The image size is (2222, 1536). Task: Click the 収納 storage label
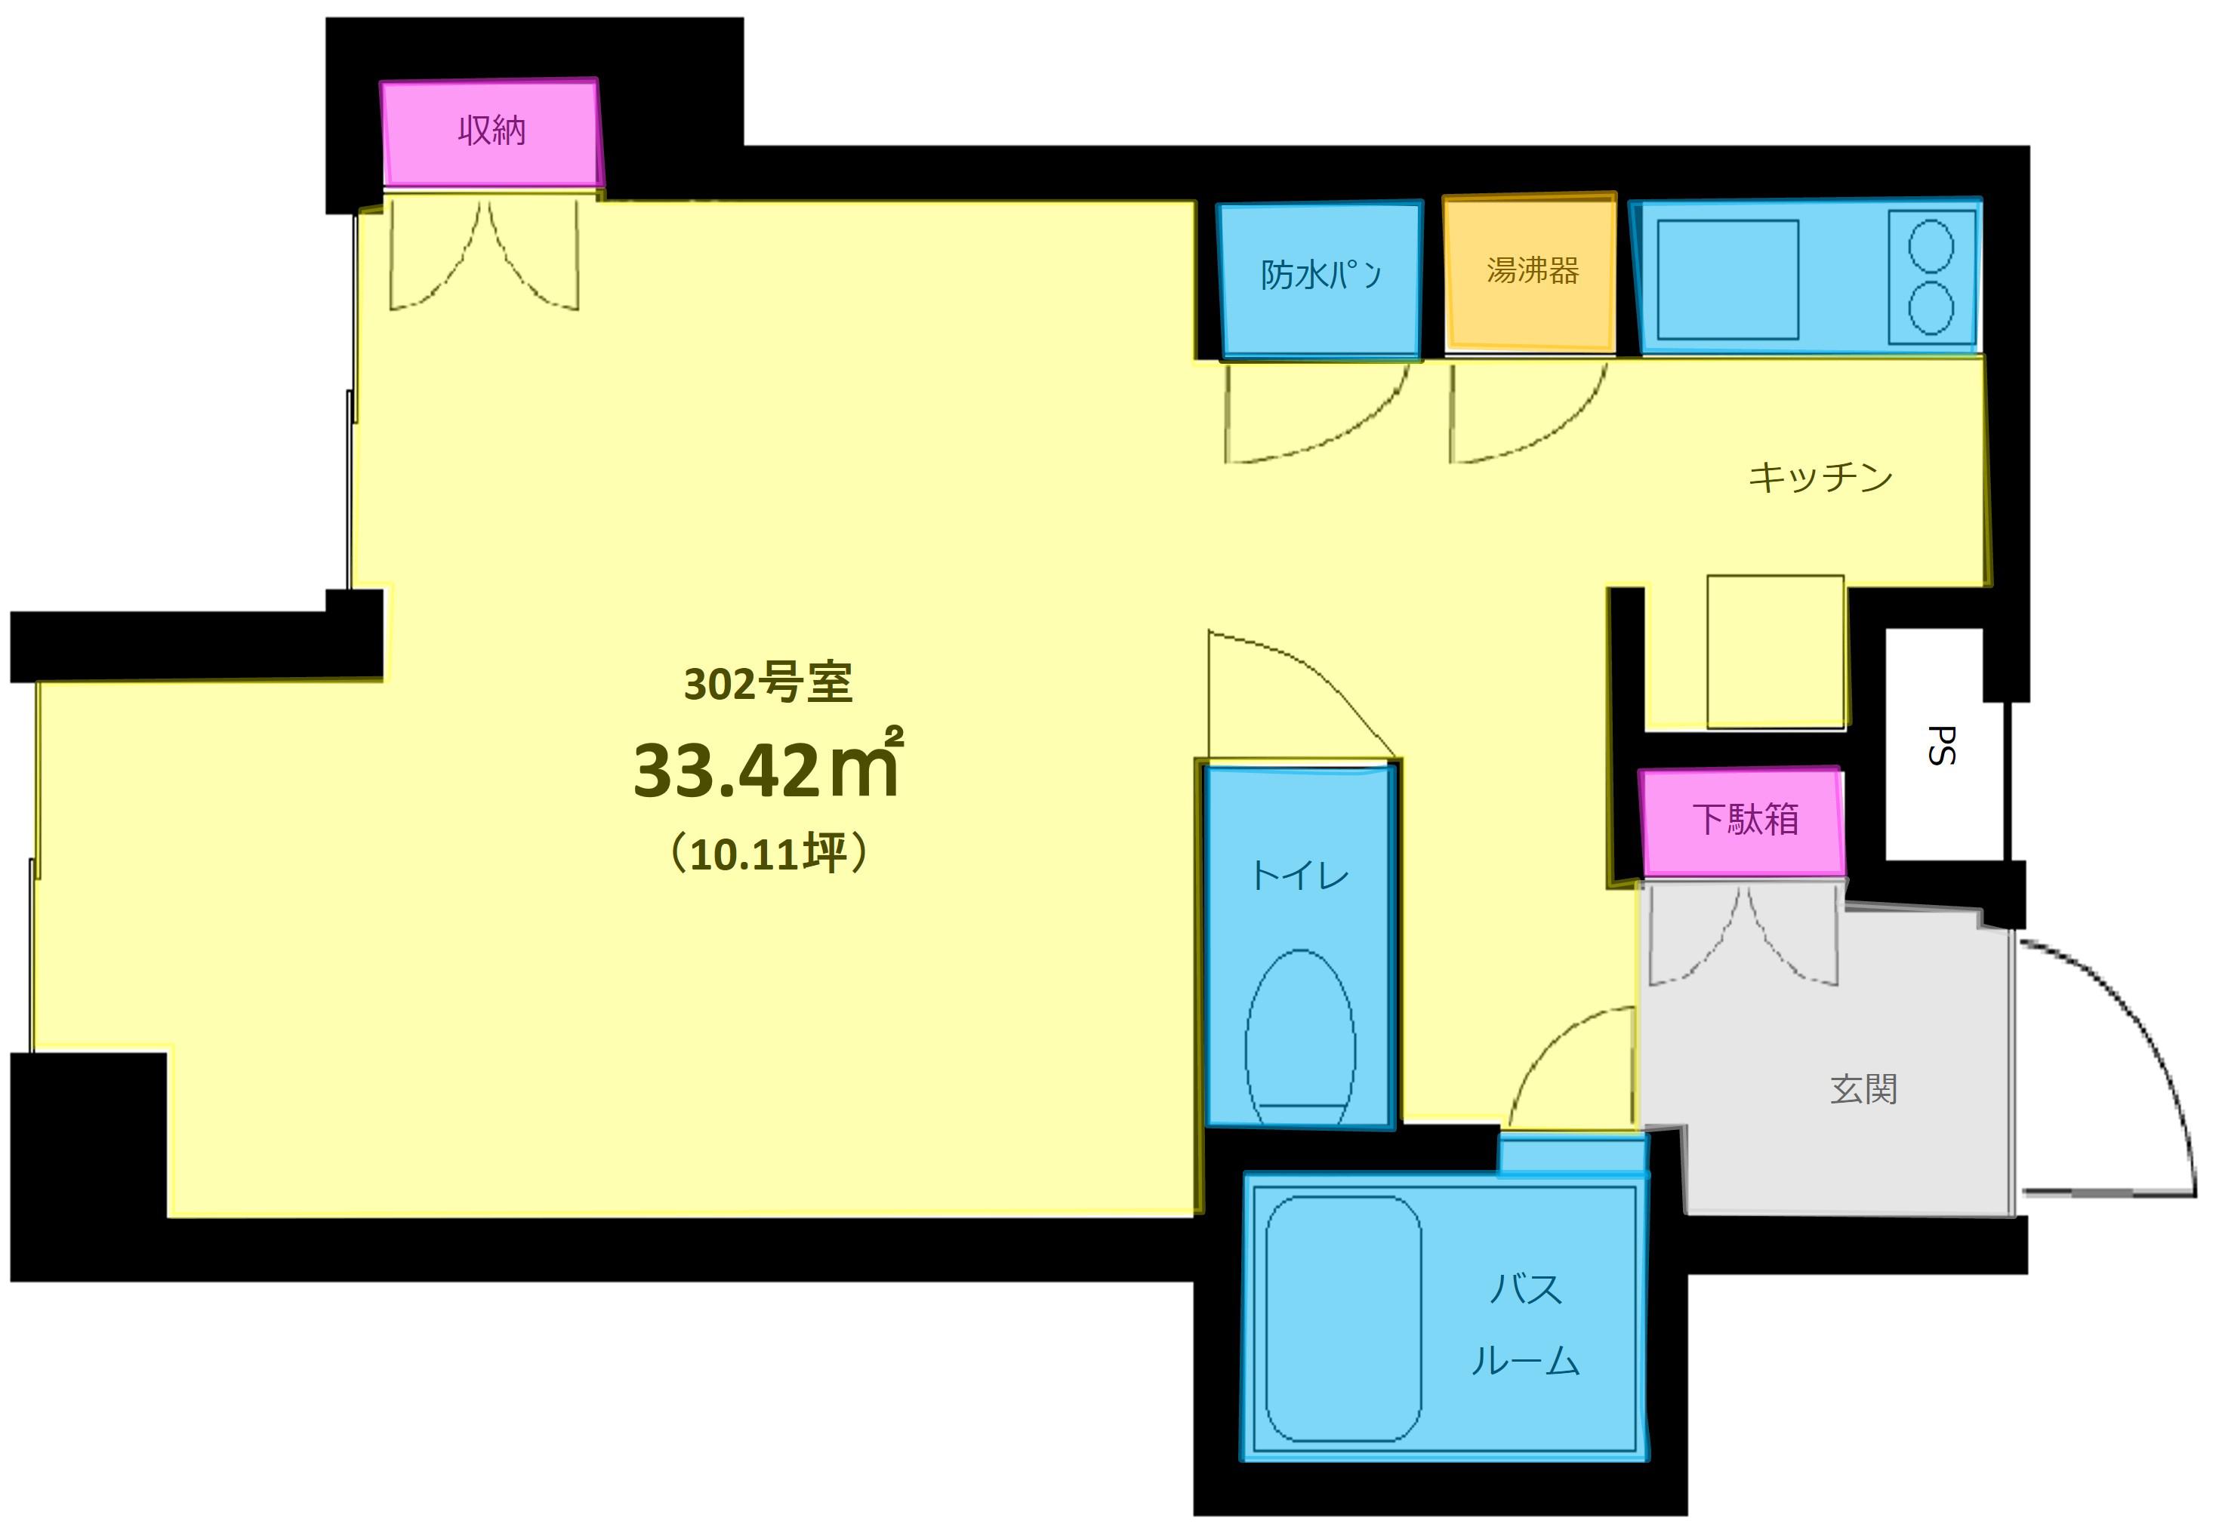tap(492, 130)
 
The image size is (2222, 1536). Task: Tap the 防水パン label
tap(1321, 275)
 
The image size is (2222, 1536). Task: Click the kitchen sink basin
tap(1727, 279)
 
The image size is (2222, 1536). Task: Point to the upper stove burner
tap(1931, 245)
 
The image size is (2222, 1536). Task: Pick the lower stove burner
tap(1931, 308)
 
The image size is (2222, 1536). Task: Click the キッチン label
tap(1820, 477)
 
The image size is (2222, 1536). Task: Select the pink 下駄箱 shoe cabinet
tap(1742, 821)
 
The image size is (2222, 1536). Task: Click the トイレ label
tap(1299, 876)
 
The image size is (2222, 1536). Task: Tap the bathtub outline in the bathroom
tap(1343, 1319)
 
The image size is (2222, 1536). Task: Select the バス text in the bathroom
tap(1525, 1288)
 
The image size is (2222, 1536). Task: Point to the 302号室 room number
tap(767, 683)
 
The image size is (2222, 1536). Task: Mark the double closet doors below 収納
tap(483, 255)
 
